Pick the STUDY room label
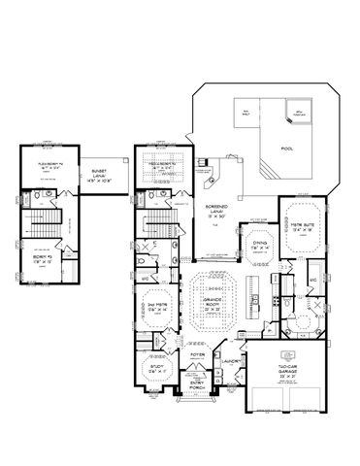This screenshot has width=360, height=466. (154, 367)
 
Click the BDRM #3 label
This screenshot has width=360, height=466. (40, 260)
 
